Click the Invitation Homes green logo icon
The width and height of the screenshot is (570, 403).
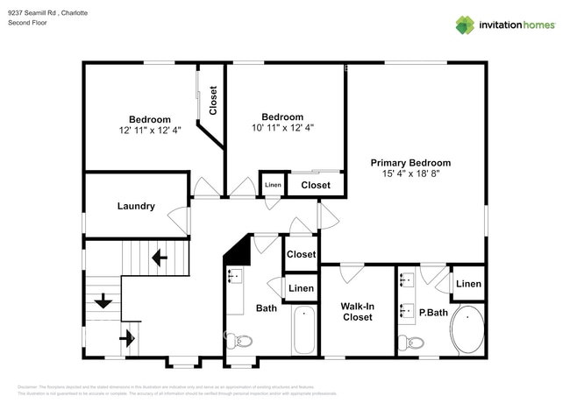pyautogui.click(x=465, y=25)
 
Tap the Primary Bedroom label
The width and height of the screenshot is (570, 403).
pyautogui.click(x=410, y=163)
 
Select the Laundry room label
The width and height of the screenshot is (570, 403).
pyautogui.click(x=136, y=207)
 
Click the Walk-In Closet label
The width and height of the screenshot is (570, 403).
pyautogui.click(x=357, y=311)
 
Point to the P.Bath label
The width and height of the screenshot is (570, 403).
pyautogui.click(x=432, y=311)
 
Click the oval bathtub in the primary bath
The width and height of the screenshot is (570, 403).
pyautogui.click(x=467, y=330)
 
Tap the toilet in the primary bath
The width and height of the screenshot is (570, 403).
pyautogui.click(x=410, y=342)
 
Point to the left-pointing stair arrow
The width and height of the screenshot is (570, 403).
pyautogui.click(x=160, y=258)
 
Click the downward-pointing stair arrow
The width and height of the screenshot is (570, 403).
pyautogui.click(x=103, y=301)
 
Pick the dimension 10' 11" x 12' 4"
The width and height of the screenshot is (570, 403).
pyautogui.click(x=282, y=128)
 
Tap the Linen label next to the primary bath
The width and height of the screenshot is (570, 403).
pyautogui.click(x=468, y=284)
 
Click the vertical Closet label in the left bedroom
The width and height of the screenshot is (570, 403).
pyautogui.click(x=213, y=100)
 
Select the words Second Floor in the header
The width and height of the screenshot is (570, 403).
pyautogui.click(x=27, y=24)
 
